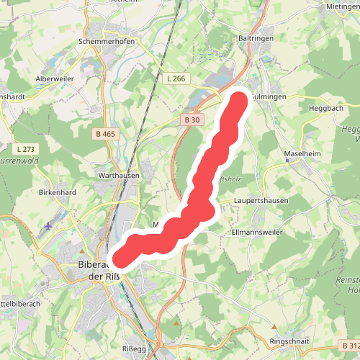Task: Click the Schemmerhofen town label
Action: coord(107,42)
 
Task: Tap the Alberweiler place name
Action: coord(55,79)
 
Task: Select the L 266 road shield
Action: coord(176,78)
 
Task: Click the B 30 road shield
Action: coord(191,120)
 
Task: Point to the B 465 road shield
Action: coord(104,134)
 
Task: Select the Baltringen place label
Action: coord(253,37)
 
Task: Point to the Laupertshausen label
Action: coord(261,200)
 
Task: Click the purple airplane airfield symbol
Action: coord(48,227)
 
